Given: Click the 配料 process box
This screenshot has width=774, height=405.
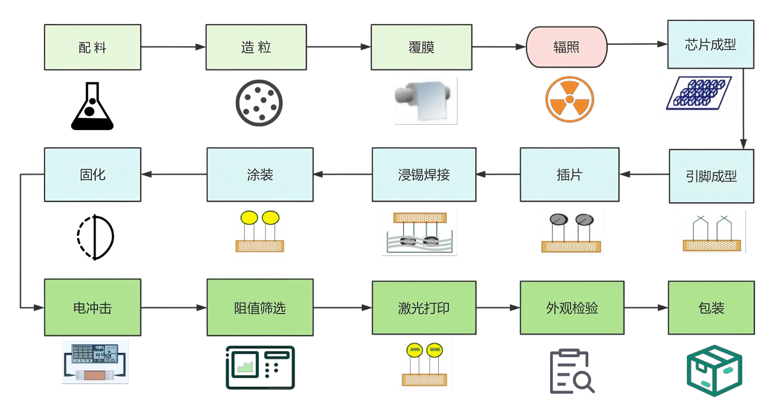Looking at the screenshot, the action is pos(93,47).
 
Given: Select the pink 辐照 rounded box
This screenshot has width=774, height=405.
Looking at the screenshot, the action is pos(566,47).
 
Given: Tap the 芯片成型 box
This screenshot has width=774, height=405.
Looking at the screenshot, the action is pos(711,45).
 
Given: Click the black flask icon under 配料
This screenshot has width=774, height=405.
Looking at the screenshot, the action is pos(92,106).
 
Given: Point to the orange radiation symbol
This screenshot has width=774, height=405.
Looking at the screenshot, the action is pos(569,100).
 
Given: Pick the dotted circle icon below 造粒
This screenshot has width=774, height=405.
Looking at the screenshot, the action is pos(259,103).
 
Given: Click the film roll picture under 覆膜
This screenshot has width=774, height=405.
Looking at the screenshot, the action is pos(426,101).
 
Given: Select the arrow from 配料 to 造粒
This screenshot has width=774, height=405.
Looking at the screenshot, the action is pos(173,47).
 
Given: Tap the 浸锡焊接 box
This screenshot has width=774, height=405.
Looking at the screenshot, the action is pos(424,175).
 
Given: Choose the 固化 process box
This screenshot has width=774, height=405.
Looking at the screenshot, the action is pos(93,175).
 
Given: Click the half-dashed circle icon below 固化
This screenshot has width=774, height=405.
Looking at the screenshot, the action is pos(95,237).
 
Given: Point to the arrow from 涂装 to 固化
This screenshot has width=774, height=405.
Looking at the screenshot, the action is pos(174,174).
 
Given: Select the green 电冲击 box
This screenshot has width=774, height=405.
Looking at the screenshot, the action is pos(93,308).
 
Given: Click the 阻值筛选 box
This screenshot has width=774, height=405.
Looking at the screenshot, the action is pos(260,308).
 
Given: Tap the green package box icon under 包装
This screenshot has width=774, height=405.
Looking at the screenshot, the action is pos(714,371).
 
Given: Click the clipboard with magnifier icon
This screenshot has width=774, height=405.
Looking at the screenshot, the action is pos(572,372).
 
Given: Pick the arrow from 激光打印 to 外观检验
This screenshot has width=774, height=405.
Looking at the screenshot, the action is pos(498,308).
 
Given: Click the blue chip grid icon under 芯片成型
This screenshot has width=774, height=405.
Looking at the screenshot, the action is pos(699,93).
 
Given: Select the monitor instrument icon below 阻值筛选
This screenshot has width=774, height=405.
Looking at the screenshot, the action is pos(260,368).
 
